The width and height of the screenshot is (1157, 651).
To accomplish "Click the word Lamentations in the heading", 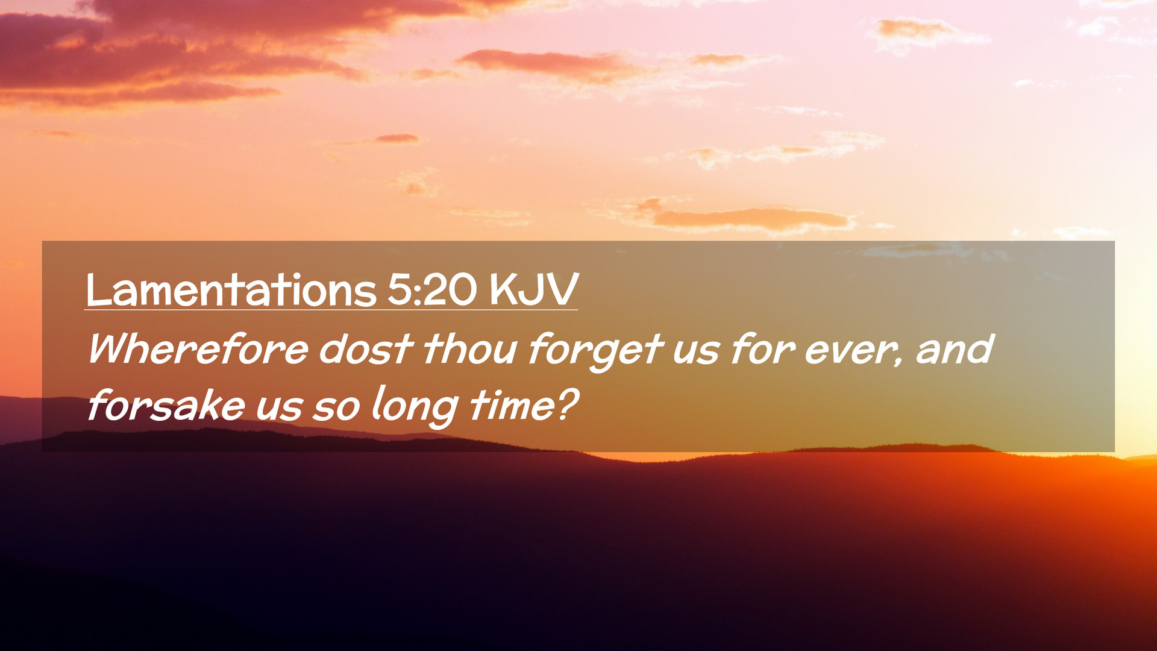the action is pyautogui.click(x=231, y=290).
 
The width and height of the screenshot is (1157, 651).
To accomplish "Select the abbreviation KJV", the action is pyautogui.click(x=534, y=290).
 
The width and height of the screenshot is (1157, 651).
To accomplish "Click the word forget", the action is pyautogui.click(x=595, y=352).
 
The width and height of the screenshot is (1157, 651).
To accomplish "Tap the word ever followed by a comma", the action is pyautogui.click(x=854, y=352).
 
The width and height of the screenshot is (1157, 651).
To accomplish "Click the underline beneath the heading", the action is pyautogui.click(x=331, y=310).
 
